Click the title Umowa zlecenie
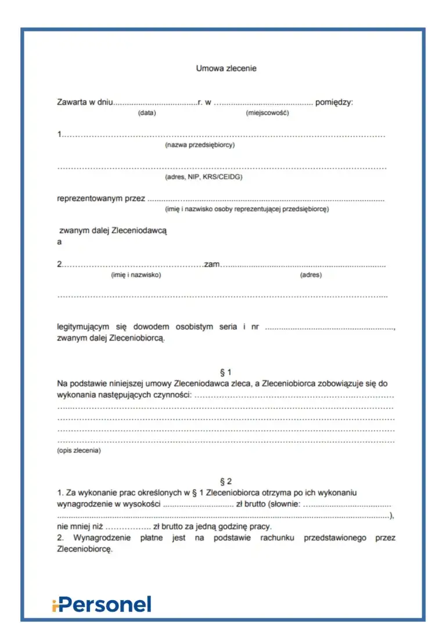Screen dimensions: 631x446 [x=226, y=69]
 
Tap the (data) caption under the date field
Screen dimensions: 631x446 [x=147, y=113]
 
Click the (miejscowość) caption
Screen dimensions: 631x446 [x=267, y=113]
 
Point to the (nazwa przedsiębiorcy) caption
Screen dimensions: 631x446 [x=200, y=145]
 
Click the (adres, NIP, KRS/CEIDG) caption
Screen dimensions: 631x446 [x=204, y=177]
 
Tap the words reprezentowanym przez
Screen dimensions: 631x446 [x=101, y=199]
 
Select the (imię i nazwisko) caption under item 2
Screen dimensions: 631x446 [x=136, y=275]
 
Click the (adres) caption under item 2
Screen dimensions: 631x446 [x=311, y=275]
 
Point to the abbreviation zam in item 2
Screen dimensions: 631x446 [x=212, y=264]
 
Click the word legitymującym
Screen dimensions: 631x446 [x=87, y=327]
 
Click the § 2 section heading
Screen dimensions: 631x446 [x=226, y=482]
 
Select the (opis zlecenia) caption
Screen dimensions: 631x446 [x=78, y=450]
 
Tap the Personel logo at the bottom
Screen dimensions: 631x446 [x=102, y=605]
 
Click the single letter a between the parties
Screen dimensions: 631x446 [x=59, y=242]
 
